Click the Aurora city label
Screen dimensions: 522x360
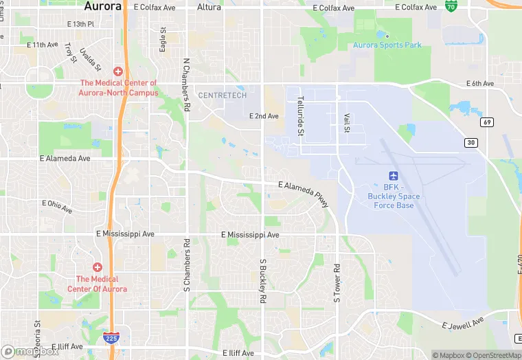click(x=102, y=6)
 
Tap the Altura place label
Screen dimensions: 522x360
click(x=209, y=7)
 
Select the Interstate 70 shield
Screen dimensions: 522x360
click(x=451, y=6)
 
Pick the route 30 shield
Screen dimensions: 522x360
click(x=471, y=142)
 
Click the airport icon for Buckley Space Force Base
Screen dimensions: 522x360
click(x=394, y=176)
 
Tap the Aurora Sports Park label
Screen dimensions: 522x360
click(x=387, y=45)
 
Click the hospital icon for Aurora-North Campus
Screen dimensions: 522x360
click(x=118, y=71)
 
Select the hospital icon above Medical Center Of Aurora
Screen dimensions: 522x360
click(x=98, y=267)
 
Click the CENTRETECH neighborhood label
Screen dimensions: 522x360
click(x=222, y=95)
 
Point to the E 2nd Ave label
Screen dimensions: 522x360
click(x=264, y=116)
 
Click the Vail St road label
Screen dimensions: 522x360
click(x=347, y=123)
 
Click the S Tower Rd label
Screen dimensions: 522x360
click(x=337, y=282)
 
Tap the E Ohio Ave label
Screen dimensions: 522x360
click(x=57, y=206)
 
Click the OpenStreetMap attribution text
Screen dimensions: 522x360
click(x=490, y=355)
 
